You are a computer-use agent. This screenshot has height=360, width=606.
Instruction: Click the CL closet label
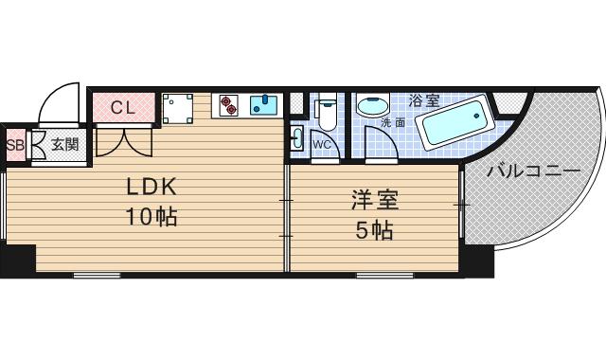123,107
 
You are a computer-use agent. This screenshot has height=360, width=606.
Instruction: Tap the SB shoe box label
15,145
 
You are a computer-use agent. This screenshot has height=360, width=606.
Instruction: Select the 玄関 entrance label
64,145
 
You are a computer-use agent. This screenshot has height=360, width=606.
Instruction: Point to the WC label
321,145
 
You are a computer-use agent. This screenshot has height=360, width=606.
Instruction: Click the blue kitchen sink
263,104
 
